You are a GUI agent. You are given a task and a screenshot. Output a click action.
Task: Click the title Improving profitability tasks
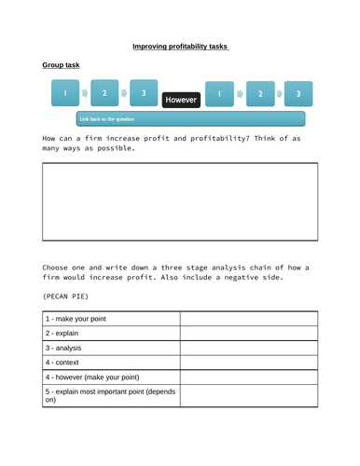coord(180,46)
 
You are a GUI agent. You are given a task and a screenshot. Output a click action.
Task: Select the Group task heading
coord(61,65)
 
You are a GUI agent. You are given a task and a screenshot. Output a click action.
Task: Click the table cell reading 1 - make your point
coord(111,320)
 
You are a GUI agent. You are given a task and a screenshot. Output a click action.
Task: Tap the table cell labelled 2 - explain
coord(111,336)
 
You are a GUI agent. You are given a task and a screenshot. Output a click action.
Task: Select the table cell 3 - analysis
coord(111,352)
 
